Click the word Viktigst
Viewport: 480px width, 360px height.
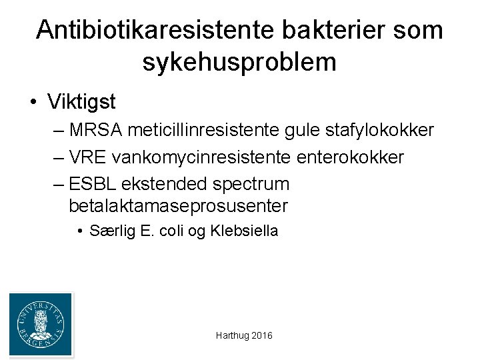click(82, 102)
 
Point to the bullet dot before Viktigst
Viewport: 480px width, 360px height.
click(33, 103)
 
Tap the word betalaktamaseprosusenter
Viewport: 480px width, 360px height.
click(178, 205)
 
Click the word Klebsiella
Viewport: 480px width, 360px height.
click(244, 231)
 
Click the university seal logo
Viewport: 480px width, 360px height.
click(40, 324)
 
